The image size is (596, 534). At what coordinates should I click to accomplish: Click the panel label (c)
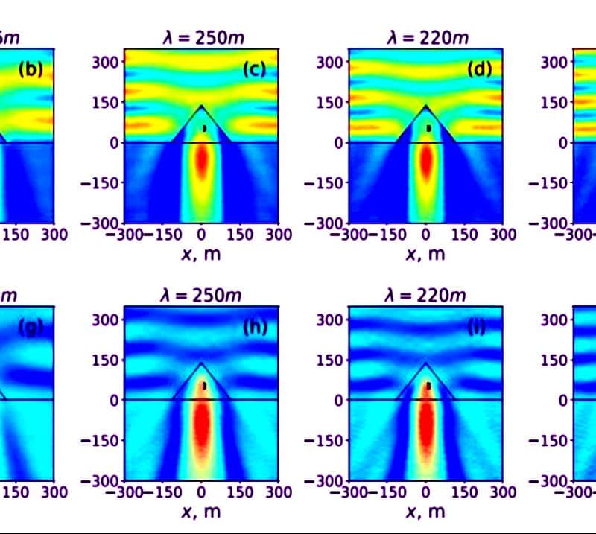(x=254, y=70)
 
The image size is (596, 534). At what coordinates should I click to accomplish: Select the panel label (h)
(x=254, y=327)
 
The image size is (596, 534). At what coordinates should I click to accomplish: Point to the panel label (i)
(x=478, y=327)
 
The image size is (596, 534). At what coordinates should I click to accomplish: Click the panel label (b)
(x=31, y=70)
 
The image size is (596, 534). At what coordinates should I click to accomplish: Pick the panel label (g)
(x=31, y=327)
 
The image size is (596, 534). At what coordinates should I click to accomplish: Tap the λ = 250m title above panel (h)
(x=202, y=295)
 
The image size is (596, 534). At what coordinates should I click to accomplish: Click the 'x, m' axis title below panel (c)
(x=202, y=254)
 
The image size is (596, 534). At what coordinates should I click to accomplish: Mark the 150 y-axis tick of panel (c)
(x=106, y=102)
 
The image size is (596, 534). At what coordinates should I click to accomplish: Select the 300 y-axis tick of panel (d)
(x=331, y=62)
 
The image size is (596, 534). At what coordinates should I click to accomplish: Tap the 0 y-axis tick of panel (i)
(x=338, y=400)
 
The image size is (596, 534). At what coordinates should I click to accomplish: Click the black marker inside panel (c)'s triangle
(x=204, y=128)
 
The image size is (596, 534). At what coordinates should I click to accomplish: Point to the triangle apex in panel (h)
(x=201, y=363)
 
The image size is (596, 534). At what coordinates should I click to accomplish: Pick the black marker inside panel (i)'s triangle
(x=428, y=385)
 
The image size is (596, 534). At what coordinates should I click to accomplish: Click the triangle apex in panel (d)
(x=426, y=106)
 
